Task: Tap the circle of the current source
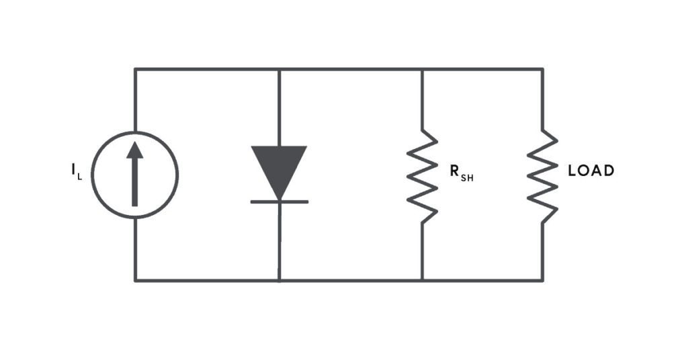coord(91,175)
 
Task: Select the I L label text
coord(77,171)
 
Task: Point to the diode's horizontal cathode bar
coord(279,201)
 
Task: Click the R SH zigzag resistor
coord(422,176)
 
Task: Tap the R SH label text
coord(462,173)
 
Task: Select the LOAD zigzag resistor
coord(543,176)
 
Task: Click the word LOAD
coord(591,171)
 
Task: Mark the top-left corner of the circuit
coord(135,69)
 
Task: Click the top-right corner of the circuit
coord(543,69)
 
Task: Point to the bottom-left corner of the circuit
coord(135,280)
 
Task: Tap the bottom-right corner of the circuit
coord(543,280)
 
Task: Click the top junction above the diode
coord(279,69)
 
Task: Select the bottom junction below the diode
coord(279,280)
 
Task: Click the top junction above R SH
coord(422,69)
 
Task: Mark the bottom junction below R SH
coord(422,280)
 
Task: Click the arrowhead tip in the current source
coord(134,142)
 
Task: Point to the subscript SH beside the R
coord(468,179)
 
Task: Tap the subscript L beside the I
coord(80,177)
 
